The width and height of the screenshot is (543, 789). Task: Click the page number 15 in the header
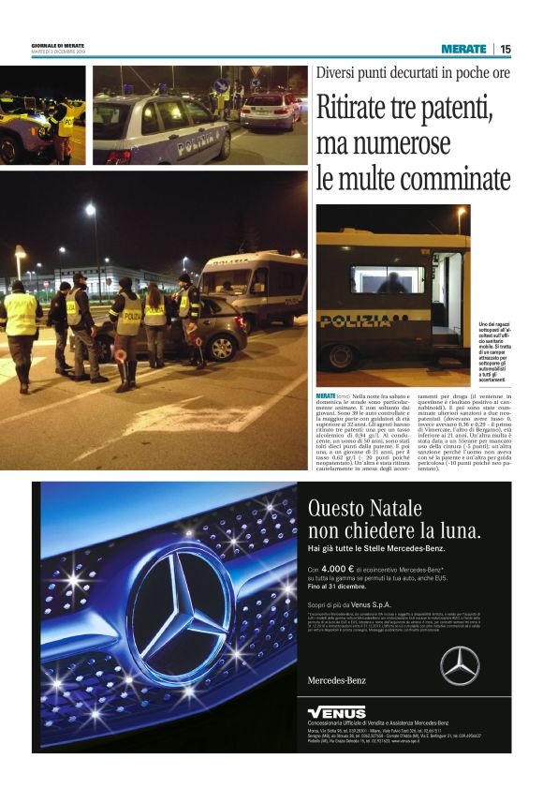[506, 49]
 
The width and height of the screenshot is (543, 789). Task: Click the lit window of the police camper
[387, 278]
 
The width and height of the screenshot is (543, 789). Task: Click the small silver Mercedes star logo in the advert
[460, 665]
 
